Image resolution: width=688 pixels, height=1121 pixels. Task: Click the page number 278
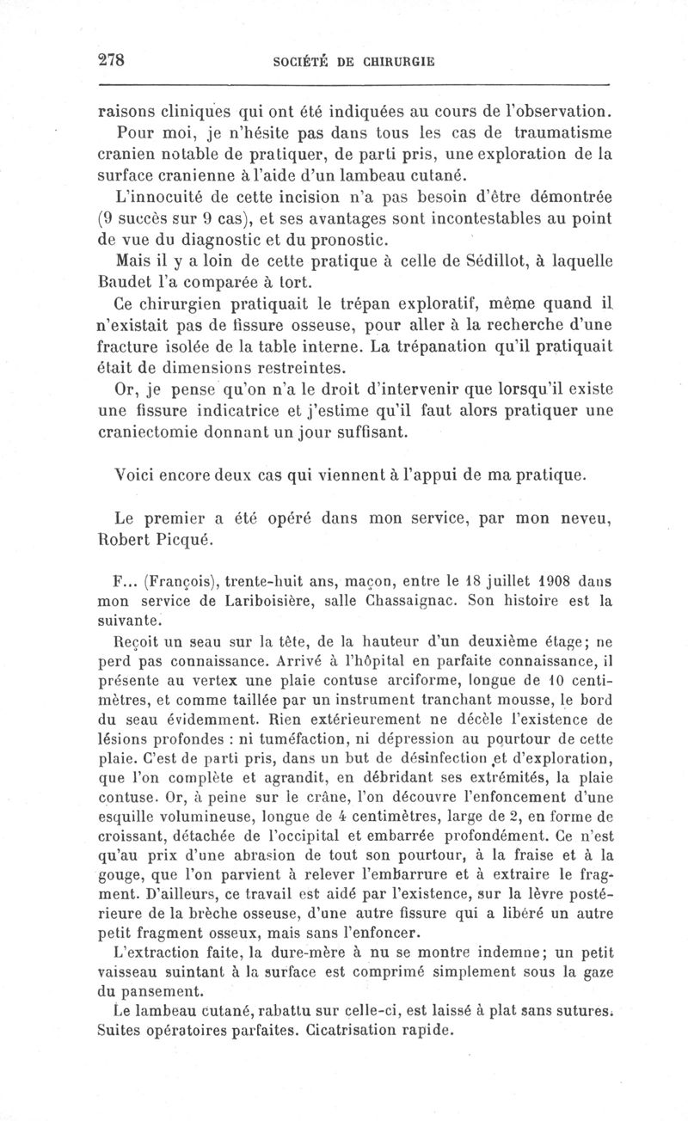113,60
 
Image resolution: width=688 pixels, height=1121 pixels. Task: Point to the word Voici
134,474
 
